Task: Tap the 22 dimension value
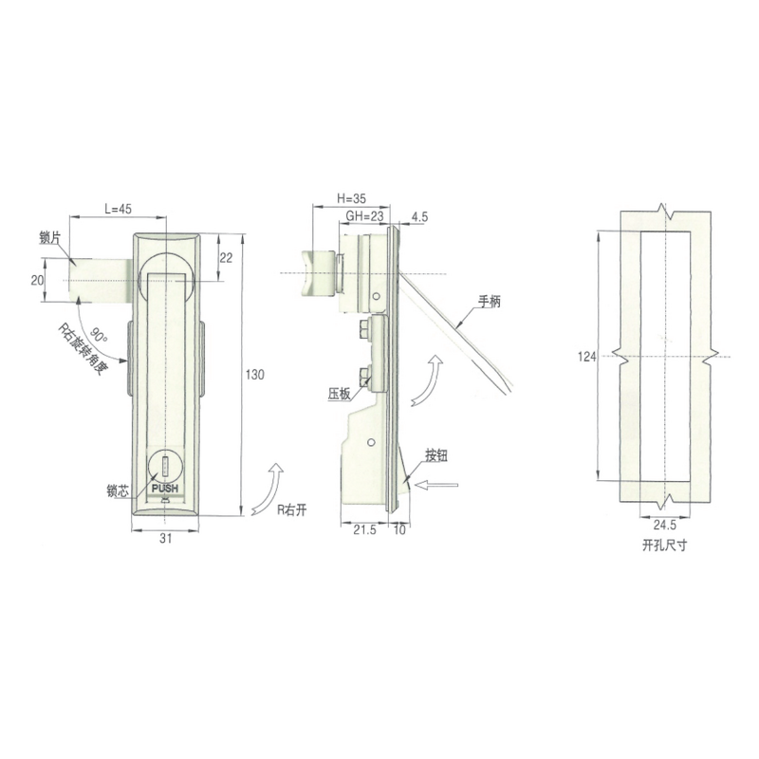(x=226, y=257)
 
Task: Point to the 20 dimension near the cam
(x=36, y=279)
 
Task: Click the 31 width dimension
(x=165, y=537)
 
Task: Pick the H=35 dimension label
(x=351, y=200)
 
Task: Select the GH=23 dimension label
(x=363, y=216)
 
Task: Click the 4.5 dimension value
(x=421, y=217)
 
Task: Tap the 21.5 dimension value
(x=364, y=531)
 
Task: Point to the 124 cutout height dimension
(x=586, y=357)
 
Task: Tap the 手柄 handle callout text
(x=489, y=302)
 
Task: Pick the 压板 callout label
(x=339, y=391)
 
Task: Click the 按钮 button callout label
(x=435, y=456)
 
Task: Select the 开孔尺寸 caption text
(x=662, y=547)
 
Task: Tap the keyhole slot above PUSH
(x=165, y=467)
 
